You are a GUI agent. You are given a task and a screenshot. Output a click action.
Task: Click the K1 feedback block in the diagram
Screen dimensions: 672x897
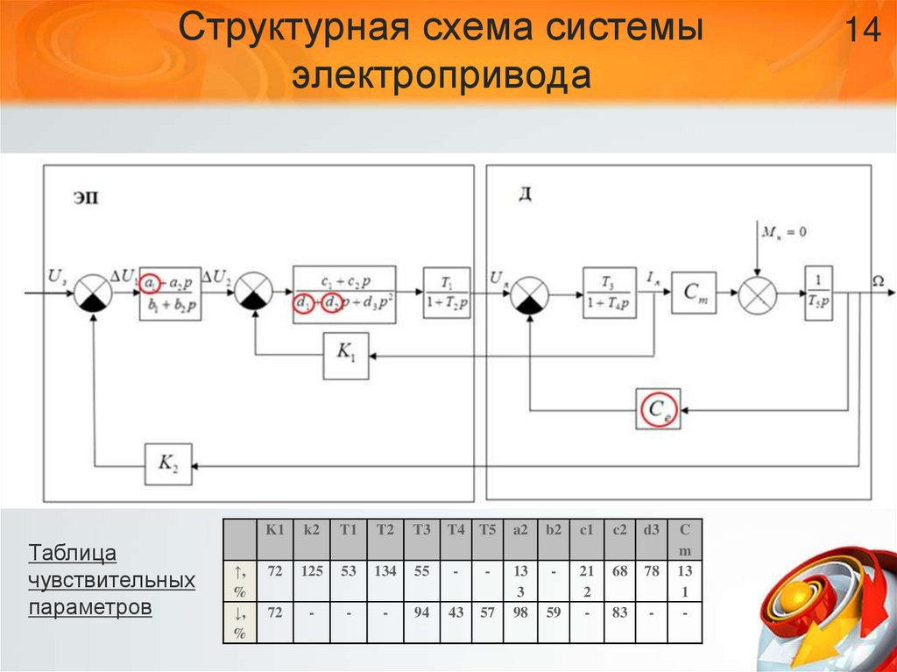pos(346,356)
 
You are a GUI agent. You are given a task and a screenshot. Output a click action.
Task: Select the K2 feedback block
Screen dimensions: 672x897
pos(167,465)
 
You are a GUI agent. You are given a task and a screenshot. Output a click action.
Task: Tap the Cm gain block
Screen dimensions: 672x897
pos(694,293)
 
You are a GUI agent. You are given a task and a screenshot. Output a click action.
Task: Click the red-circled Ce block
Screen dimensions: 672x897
pos(658,408)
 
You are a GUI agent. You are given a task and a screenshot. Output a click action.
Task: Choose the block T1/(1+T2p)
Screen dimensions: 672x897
pos(446,291)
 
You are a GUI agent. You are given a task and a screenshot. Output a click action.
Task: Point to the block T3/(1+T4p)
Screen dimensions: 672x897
pos(610,292)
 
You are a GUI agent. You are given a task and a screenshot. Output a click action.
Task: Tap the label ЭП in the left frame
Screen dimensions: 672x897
pos(85,198)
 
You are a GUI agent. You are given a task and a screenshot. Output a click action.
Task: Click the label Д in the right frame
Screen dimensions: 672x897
pos(525,194)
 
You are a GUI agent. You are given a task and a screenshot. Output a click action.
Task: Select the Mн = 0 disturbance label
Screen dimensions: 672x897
pos(783,232)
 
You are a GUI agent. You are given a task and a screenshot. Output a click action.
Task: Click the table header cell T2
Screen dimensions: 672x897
pos(385,529)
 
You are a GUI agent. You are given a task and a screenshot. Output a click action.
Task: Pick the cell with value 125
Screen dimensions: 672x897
pos(312,571)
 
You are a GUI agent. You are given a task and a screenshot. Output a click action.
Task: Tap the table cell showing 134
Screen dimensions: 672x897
pos(385,571)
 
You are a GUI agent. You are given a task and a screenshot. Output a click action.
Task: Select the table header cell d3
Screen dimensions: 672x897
pos(650,529)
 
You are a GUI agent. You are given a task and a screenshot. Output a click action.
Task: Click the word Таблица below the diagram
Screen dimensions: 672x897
pos(73,554)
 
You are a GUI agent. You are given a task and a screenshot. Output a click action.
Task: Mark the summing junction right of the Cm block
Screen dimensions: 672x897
pos(756,292)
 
